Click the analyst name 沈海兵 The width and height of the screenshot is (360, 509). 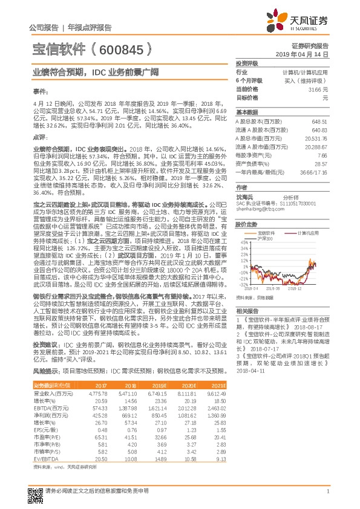click(244, 197)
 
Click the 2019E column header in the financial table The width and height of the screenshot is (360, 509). click(157, 385)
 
